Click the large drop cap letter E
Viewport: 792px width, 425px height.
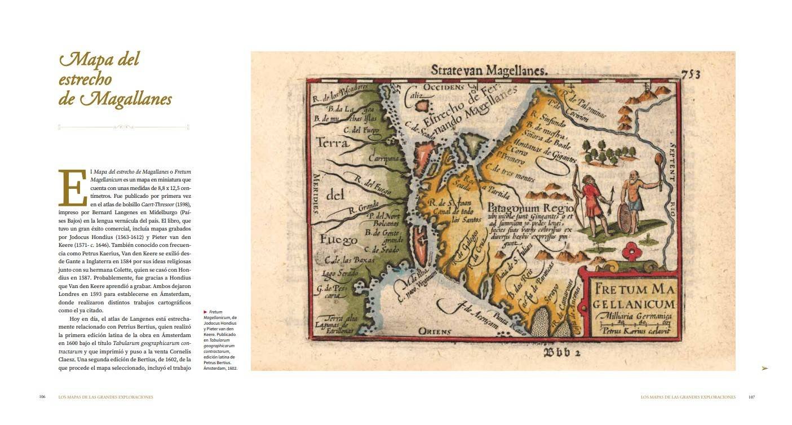[x=73, y=188]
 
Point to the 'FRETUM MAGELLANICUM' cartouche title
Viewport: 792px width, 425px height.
[x=634, y=298]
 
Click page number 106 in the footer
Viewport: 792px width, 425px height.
[x=42, y=397]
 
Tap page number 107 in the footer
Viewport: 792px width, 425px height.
[x=751, y=397]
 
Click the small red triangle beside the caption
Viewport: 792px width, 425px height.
[x=205, y=312]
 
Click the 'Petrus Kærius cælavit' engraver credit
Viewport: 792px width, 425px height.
[x=632, y=331]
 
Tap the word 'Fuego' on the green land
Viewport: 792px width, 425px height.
[x=338, y=240]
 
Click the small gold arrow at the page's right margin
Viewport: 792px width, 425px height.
[x=764, y=368]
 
